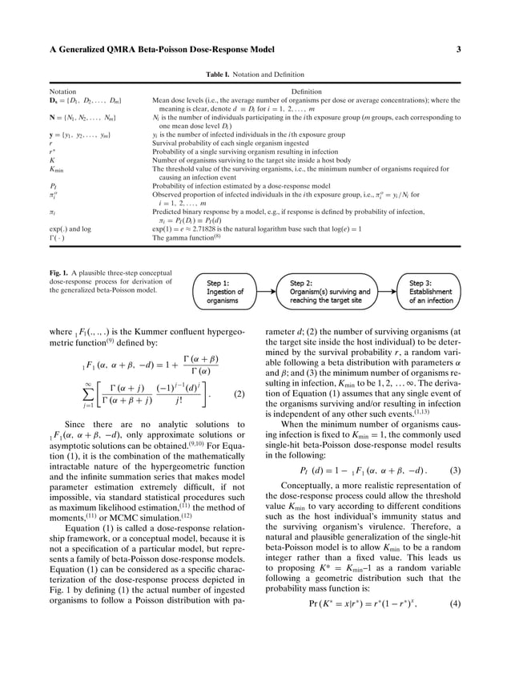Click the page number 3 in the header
[x=458, y=50]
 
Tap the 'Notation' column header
[x=63, y=92]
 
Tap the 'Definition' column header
[x=306, y=92]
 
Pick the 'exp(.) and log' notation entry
[x=70, y=228]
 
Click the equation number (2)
[x=239, y=394]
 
